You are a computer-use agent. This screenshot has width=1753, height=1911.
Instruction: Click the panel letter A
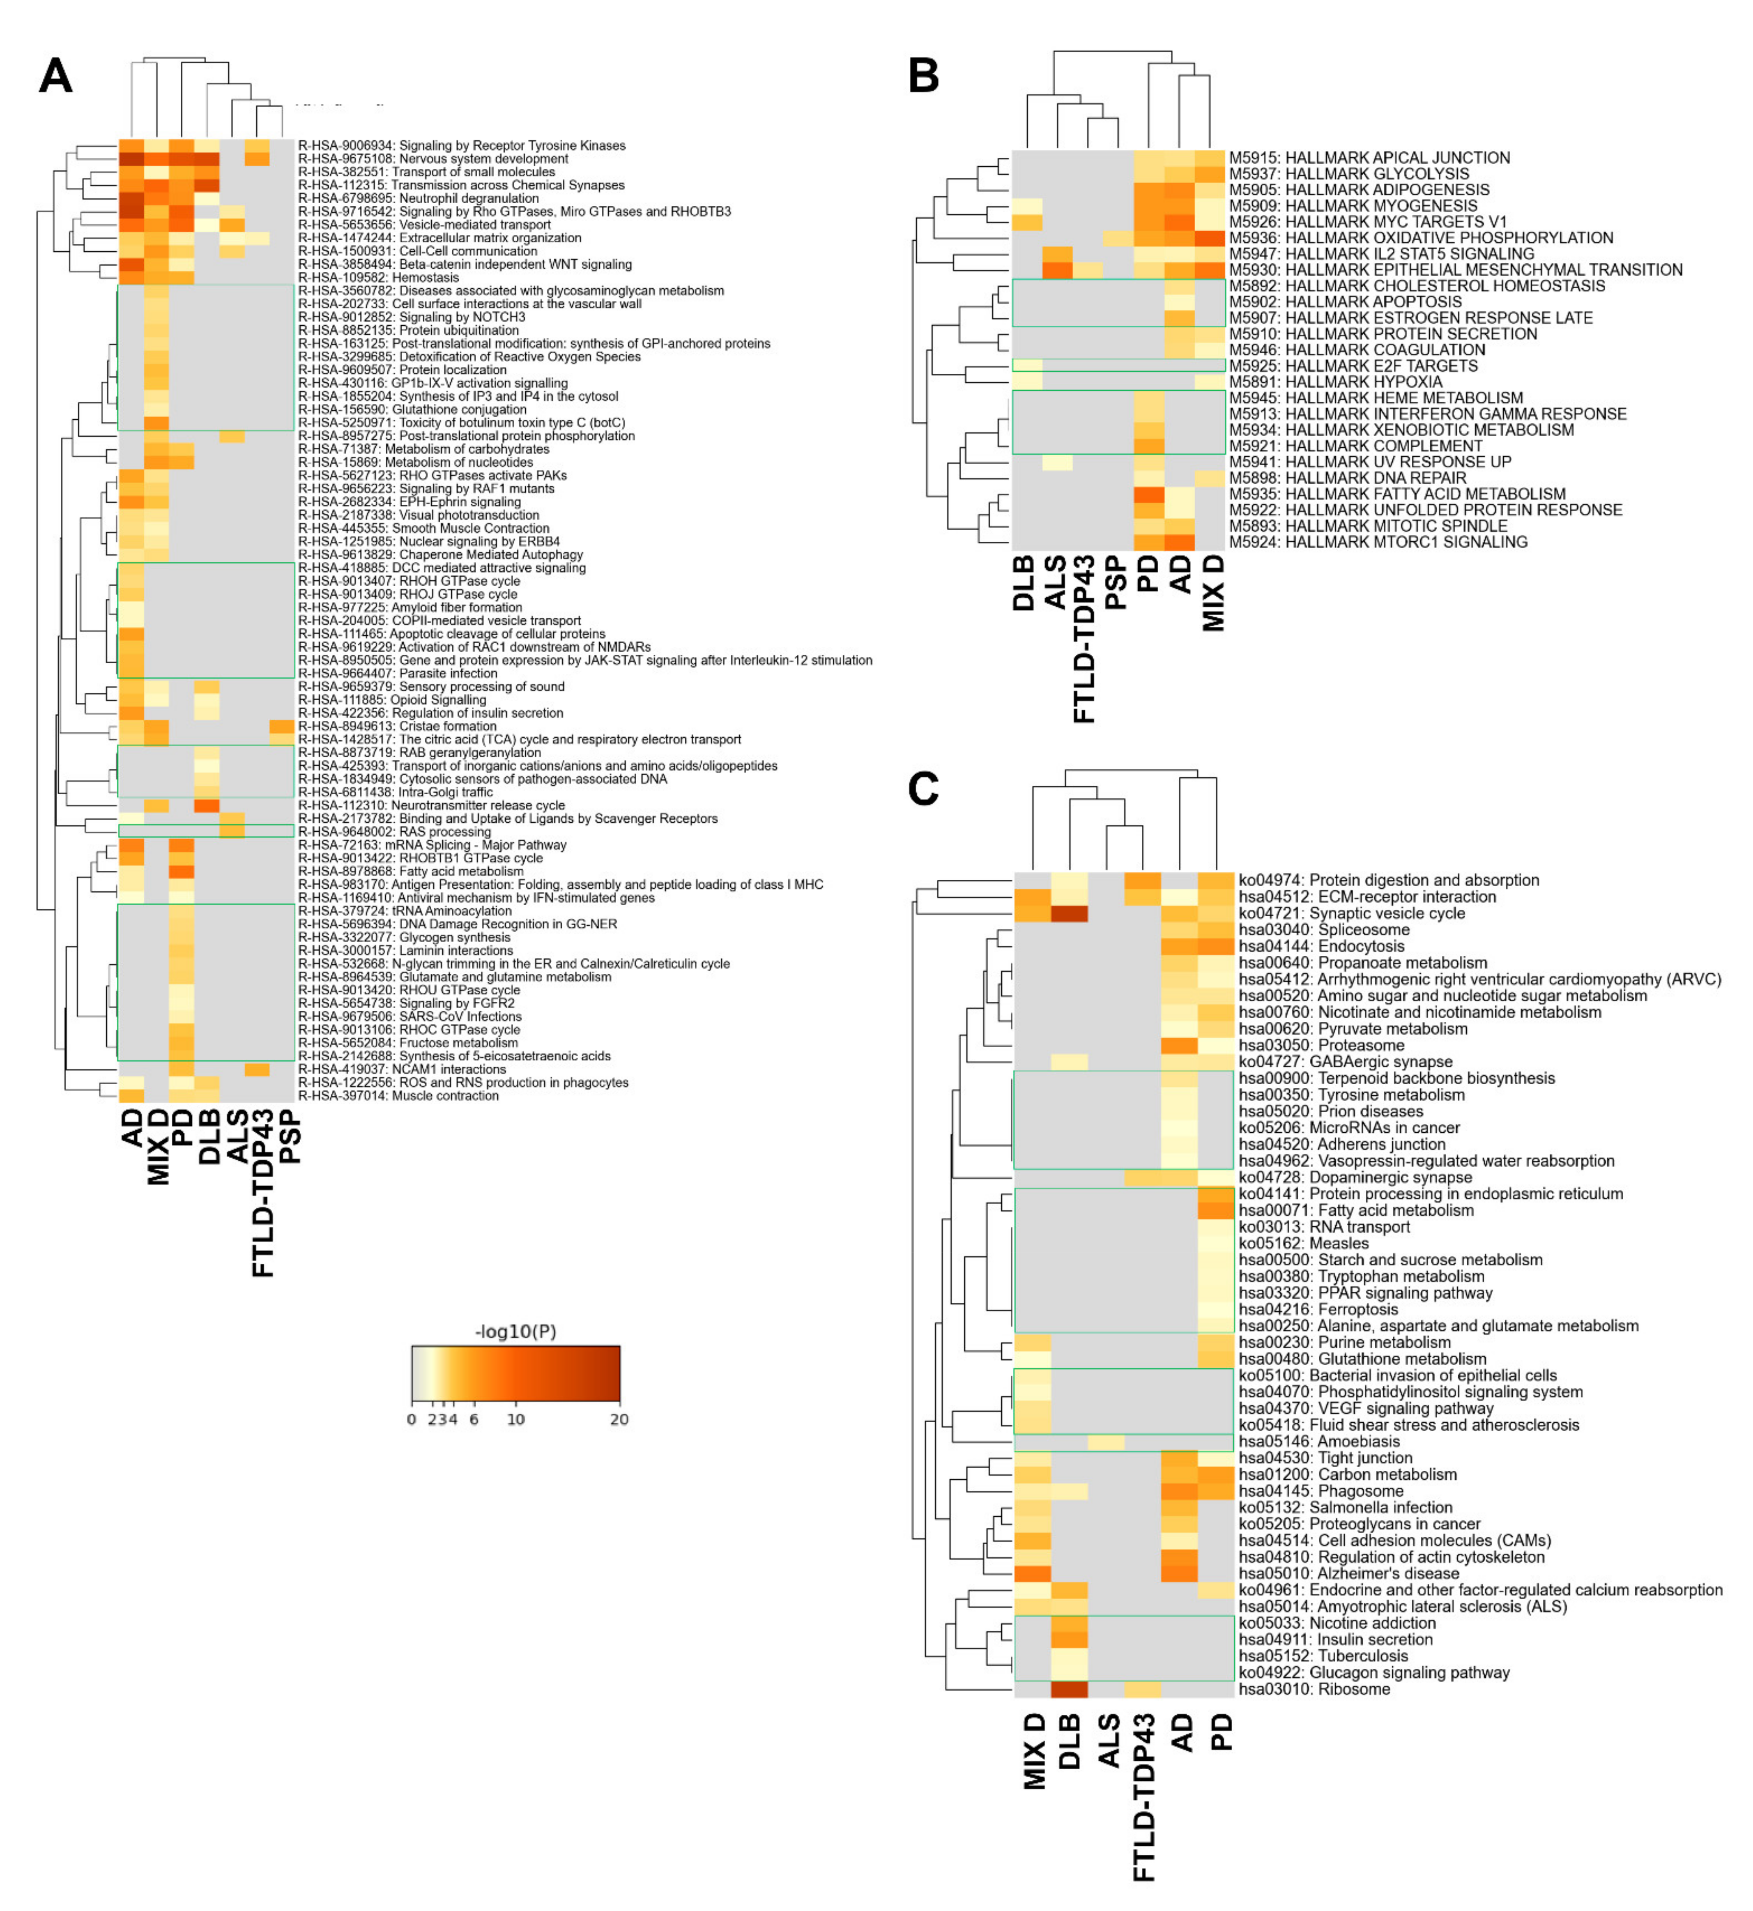tap(55, 76)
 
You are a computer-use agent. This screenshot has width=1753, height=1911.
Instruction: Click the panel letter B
tap(923, 76)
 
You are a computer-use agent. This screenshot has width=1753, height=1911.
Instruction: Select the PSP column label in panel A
tap(291, 1138)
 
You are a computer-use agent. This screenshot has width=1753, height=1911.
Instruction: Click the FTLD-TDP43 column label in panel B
tap(1084, 640)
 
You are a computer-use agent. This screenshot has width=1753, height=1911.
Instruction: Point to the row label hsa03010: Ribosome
tap(1315, 1689)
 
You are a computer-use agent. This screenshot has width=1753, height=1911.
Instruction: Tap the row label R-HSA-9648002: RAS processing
tap(395, 832)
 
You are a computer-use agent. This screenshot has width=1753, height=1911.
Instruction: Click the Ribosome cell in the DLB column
tap(1069, 1689)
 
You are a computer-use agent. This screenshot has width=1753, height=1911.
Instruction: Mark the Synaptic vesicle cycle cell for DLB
tap(1069, 913)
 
